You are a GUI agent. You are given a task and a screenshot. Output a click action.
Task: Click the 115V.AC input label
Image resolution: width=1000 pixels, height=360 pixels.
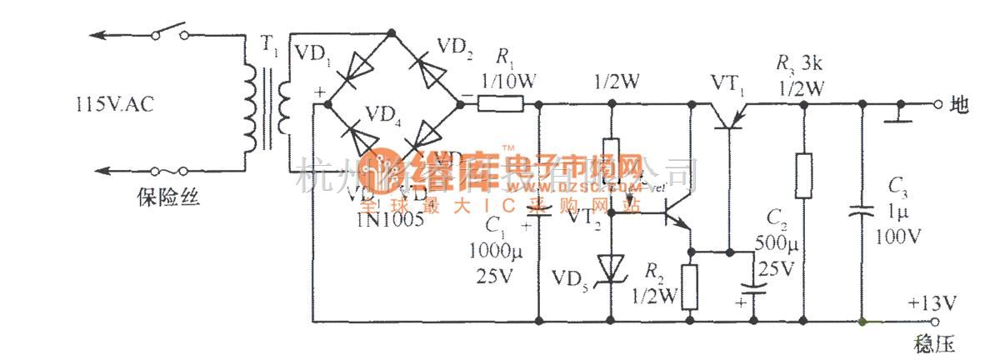[x=112, y=105]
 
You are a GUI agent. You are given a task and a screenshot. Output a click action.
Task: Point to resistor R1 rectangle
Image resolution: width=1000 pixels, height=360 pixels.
[x=501, y=104]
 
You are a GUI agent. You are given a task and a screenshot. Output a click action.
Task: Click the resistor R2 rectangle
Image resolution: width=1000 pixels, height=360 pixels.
[x=690, y=287]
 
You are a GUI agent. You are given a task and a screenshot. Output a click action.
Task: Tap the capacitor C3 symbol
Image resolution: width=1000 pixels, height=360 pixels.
[x=862, y=212]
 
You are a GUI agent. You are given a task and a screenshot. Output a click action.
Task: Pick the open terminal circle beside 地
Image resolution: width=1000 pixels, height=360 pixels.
[x=937, y=105]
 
